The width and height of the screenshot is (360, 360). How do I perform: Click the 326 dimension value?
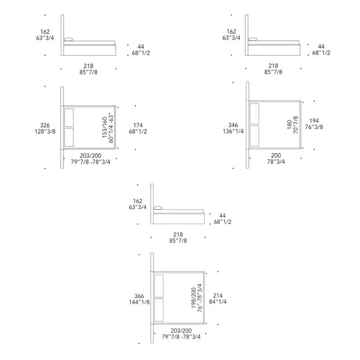point(45,125)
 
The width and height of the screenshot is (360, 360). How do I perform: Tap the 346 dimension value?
point(233,125)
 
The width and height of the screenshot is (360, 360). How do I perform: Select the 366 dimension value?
point(139,296)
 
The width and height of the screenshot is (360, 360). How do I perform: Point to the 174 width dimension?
point(138,125)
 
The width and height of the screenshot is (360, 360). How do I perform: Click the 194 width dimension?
point(314,121)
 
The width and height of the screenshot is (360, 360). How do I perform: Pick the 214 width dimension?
point(218,296)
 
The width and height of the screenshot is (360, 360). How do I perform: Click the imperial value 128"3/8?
point(45,131)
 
